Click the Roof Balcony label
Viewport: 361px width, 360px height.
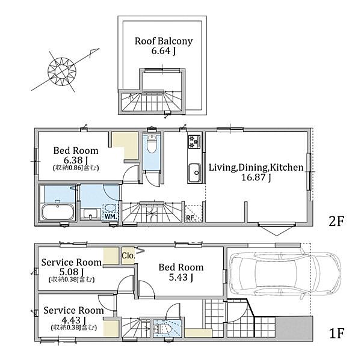(x=164, y=41)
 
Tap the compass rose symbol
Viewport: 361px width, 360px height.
(x=62, y=71)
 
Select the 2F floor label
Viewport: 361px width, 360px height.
(x=336, y=222)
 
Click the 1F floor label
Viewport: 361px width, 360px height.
(x=336, y=334)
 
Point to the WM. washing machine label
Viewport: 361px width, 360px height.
(x=111, y=216)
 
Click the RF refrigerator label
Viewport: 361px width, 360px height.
(x=190, y=218)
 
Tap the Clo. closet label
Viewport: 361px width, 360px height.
(x=128, y=255)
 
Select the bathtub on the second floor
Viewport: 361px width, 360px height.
(x=58, y=212)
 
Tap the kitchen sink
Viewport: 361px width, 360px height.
(x=194, y=172)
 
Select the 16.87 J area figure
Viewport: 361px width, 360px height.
(x=256, y=177)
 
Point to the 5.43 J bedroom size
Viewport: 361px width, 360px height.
(x=180, y=278)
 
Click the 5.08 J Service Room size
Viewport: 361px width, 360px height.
(x=72, y=272)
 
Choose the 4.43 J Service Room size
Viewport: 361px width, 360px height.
(x=74, y=320)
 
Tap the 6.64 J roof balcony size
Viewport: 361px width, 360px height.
(x=164, y=51)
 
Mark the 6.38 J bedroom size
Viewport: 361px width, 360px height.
(x=76, y=160)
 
